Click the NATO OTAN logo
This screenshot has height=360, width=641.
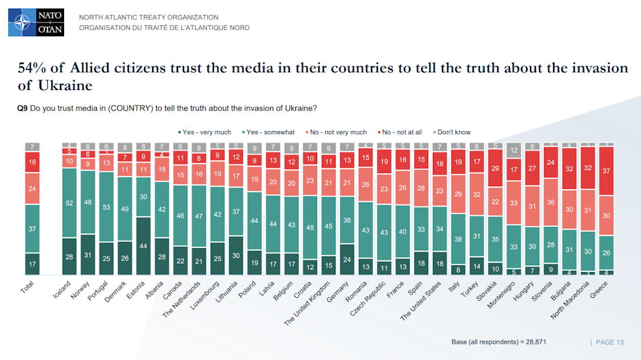click(36, 22)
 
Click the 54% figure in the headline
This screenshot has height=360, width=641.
click(31, 69)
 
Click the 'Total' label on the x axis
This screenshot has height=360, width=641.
click(28, 289)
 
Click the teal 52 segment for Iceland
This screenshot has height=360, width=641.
click(70, 203)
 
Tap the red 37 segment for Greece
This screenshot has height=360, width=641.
click(606, 170)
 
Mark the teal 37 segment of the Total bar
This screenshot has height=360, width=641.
click(33, 229)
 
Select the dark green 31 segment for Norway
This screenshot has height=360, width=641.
click(88, 254)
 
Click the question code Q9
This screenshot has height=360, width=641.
click(22, 108)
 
